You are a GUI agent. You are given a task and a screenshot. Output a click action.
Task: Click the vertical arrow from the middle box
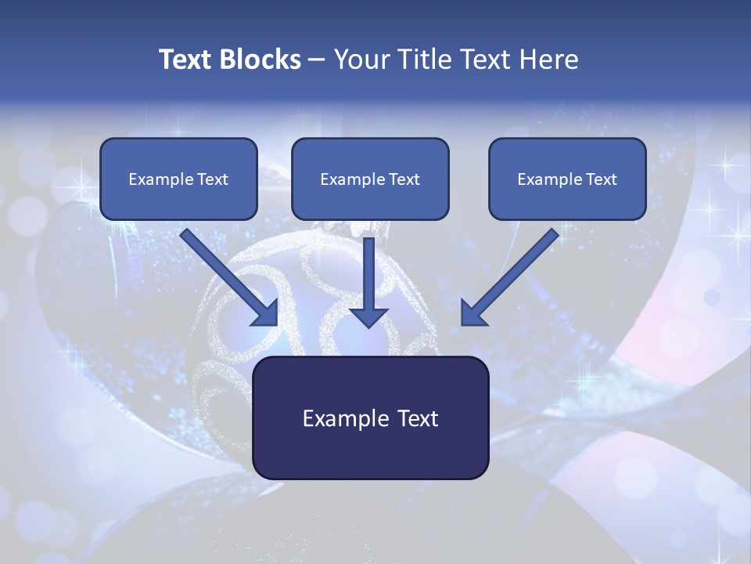(368, 274)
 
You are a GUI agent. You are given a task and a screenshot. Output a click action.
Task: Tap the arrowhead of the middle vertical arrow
(368, 316)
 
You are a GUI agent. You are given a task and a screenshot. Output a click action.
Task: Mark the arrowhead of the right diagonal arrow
(472, 313)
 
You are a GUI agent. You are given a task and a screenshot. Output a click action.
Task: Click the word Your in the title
(358, 60)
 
